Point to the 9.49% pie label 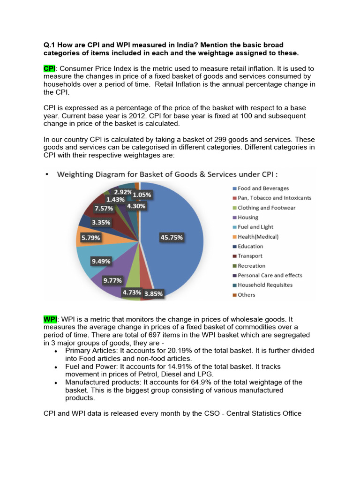click(101, 261)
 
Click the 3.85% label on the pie click(153, 293)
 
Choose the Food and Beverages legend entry click(263, 188)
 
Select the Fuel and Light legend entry click(255, 227)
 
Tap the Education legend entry click(250, 247)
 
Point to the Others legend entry click(246, 295)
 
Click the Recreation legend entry click(251, 266)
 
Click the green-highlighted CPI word click(49, 69)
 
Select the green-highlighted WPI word click(50, 319)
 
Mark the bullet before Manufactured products click(56, 382)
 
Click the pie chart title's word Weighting click(77, 174)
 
